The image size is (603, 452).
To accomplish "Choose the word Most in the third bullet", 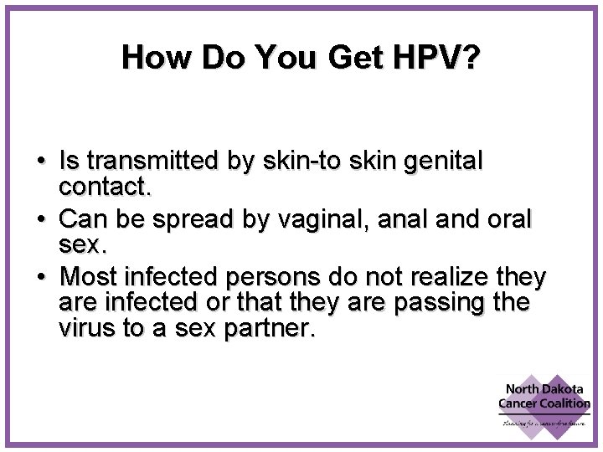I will (90, 276).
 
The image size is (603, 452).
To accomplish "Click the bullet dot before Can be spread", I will (41, 218).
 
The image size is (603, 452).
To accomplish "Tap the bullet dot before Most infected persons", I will (41, 277).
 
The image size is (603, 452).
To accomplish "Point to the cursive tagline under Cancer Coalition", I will (544, 424).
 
